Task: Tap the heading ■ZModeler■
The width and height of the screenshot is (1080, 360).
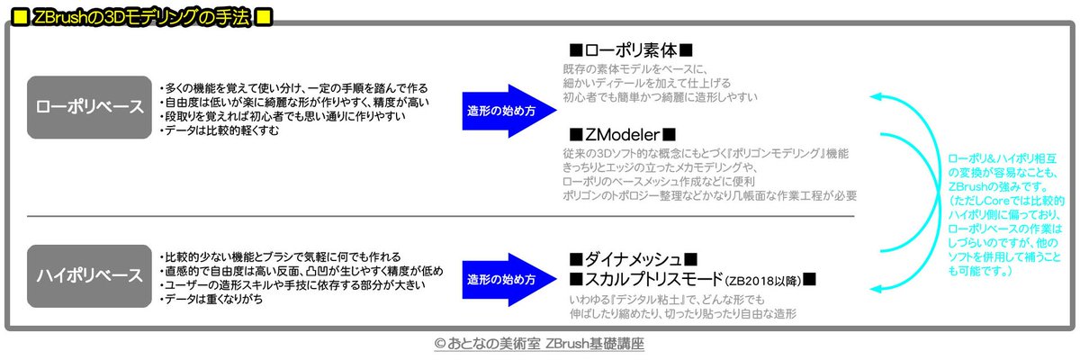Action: pos(622,134)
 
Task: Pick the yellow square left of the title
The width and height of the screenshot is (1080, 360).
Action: pos(17,17)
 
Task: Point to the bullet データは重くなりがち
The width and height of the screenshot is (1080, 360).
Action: pos(212,298)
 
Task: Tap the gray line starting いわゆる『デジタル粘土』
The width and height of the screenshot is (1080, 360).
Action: pos(667,298)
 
